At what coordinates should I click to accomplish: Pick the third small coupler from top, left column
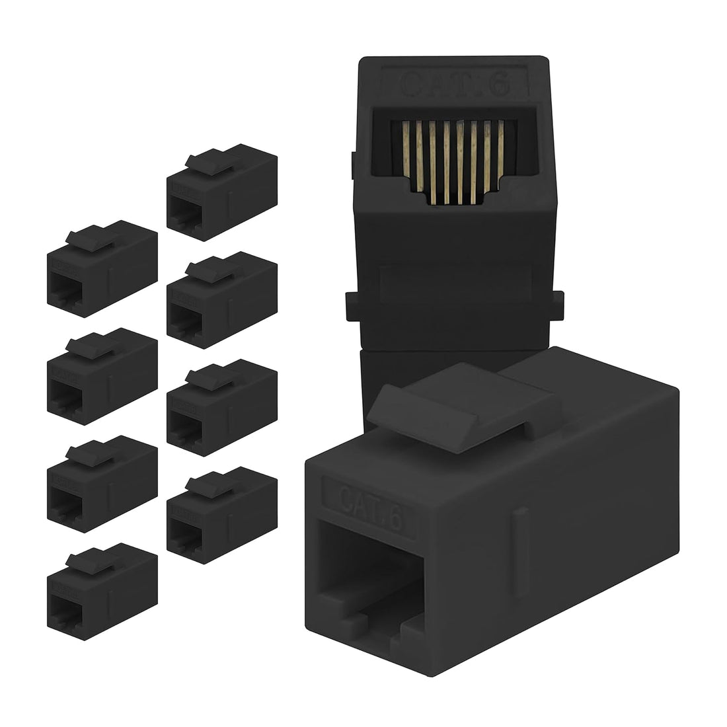102,479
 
